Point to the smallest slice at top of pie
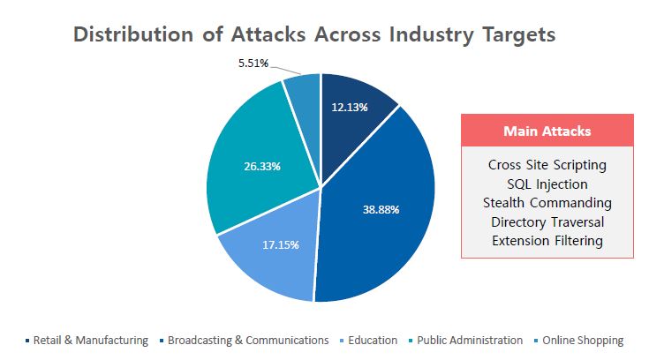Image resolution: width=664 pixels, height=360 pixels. pyautogui.click(x=303, y=94)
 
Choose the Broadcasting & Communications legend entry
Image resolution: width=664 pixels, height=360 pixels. pyautogui.click(x=247, y=340)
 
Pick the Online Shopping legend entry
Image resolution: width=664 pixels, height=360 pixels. pyautogui.click(x=582, y=340)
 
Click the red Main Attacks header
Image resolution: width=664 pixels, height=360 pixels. pyautogui.click(x=547, y=131)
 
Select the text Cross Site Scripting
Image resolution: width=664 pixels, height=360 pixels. pyautogui.click(x=547, y=164)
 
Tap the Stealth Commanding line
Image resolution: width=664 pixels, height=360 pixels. pyautogui.click(x=547, y=202)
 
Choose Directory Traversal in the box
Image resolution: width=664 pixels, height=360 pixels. pyautogui.click(x=547, y=221)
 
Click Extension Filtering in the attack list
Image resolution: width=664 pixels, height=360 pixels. pyautogui.click(x=547, y=240)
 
